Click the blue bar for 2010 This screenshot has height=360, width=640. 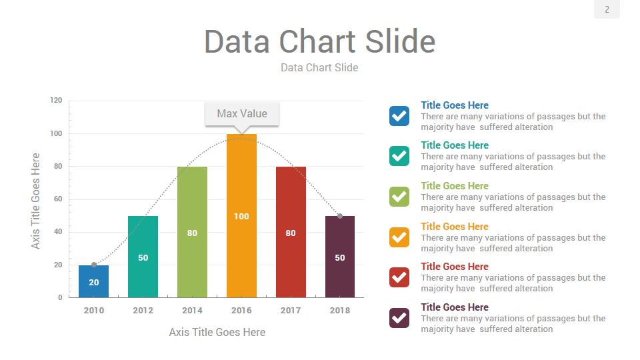pos(93,281)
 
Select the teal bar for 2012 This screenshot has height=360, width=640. pos(143,257)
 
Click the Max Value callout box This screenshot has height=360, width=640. pos(241,114)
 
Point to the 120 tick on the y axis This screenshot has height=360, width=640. pos(56,101)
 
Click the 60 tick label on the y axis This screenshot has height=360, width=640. pos(57,199)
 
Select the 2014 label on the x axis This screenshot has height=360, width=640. pos(192,311)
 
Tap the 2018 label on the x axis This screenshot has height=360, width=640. pos(340,311)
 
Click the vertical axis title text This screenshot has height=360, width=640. pos(36,201)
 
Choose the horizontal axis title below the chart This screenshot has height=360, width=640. pos(217,332)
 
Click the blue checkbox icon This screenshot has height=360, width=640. pos(399,116)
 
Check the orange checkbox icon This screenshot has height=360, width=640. pos(399,237)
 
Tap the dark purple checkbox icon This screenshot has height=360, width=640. pos(399,318)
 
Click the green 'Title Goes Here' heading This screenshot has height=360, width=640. pos(455,186)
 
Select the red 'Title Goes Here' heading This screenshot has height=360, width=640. pos(455,267)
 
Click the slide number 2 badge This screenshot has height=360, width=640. pos(607,9)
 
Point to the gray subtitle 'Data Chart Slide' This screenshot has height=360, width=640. pos(319,67)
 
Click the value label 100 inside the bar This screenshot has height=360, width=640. pos(241,217)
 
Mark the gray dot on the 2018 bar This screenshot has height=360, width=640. pos(340,216)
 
